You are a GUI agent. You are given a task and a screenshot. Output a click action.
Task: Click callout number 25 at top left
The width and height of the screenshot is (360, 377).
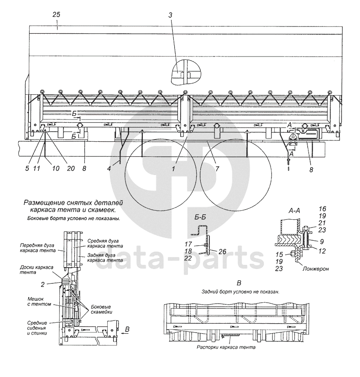click(x=56, y=15)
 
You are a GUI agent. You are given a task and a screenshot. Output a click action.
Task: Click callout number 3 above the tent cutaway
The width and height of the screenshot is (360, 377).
click(x=170, y=15)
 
